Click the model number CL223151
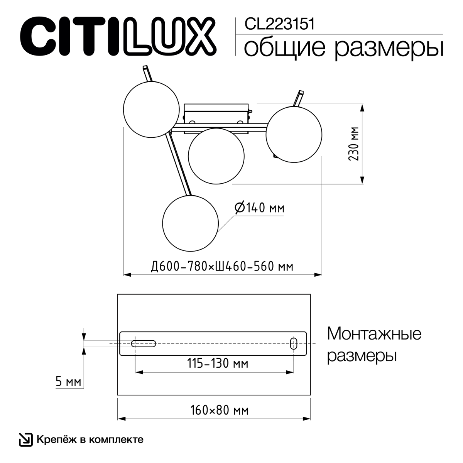[279, 24]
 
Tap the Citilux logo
[118, 36]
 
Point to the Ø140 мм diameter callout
[260, 208]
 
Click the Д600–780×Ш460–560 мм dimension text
[222, 267]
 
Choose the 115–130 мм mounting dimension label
[218, 363]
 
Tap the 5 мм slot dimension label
[68, 382]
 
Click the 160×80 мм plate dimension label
[220, 411]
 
